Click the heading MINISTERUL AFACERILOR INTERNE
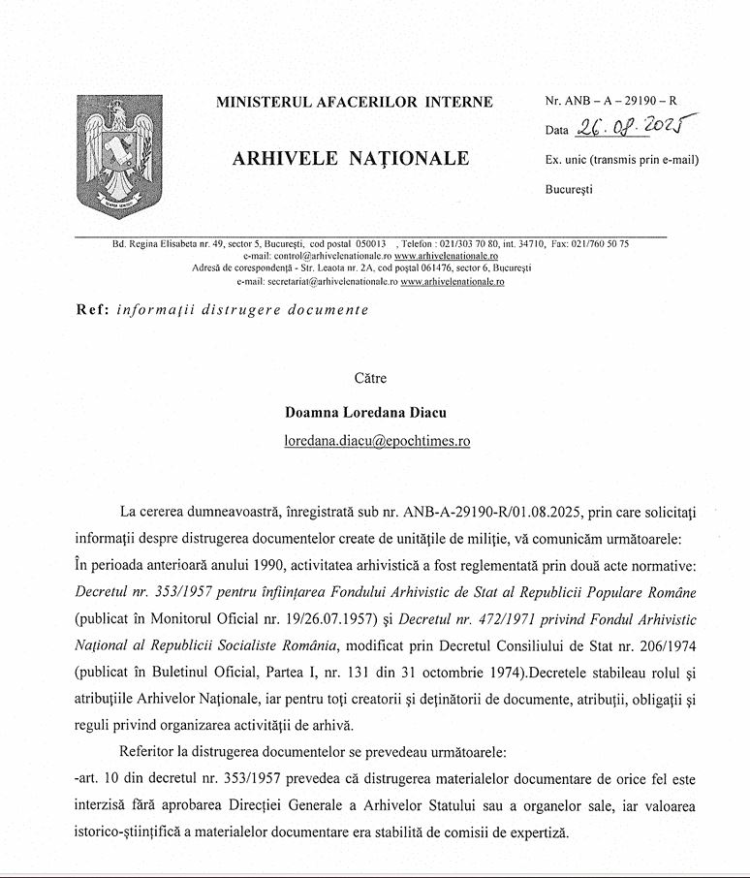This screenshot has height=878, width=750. point(354,102)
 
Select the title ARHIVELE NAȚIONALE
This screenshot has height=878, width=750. point(351,159)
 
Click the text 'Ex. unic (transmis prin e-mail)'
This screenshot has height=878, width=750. point(622,160)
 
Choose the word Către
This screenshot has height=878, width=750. point(369,379)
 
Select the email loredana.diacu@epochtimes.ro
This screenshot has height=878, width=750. point(377,440)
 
